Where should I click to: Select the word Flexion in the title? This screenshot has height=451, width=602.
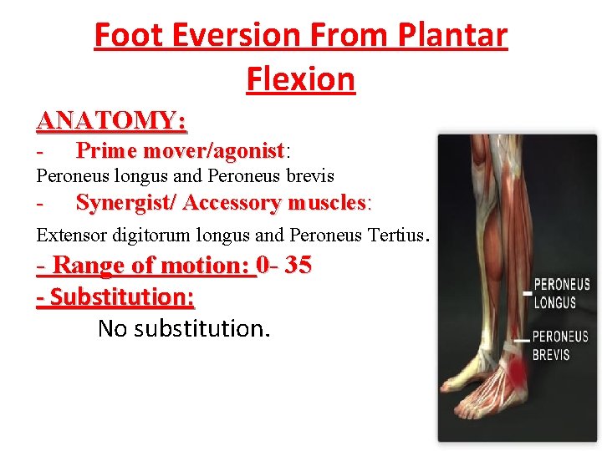coord(301,79)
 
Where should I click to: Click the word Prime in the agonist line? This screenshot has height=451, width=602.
coord(107,151)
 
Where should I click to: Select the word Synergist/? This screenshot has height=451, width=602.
coord(125,203)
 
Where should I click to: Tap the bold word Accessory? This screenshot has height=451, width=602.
coord(232,203)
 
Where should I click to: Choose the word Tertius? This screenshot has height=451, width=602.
coord(396,236)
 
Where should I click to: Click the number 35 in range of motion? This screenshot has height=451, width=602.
coord(298,266)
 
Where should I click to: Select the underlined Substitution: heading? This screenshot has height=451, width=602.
coord(116,296)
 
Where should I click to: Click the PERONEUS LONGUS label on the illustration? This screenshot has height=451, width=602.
coord(562,293)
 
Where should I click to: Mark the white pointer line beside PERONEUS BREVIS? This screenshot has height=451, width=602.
coord(521,340)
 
